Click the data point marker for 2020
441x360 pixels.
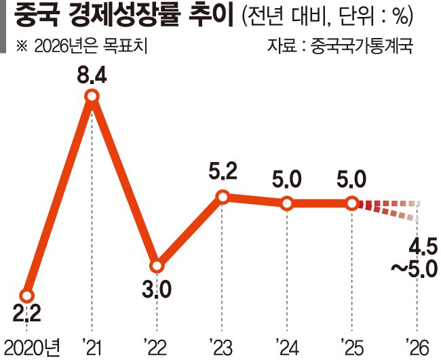pyautogui.click(x=26, y=296)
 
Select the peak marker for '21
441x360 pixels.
pyautogui.click(x=92, y=98)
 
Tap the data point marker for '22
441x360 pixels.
pyautogui.click(x=157, y=265)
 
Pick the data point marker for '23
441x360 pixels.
pyautogui.click(x=222, y=197)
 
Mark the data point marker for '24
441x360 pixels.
pyautogui.click(x=287, y=203)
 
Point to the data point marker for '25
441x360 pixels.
pyautogui.click(x=352, y=203)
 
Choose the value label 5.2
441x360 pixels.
pyautogui.click(x=222, y=174)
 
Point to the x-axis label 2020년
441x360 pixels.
pyautogui.click(x=33, y=347)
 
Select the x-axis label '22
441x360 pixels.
pyautogui.click(x=155, y=347)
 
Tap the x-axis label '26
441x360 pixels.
pyautogui.click(x=416, y=347)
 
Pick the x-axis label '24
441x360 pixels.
pyautogui.click(x=286, y=347)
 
